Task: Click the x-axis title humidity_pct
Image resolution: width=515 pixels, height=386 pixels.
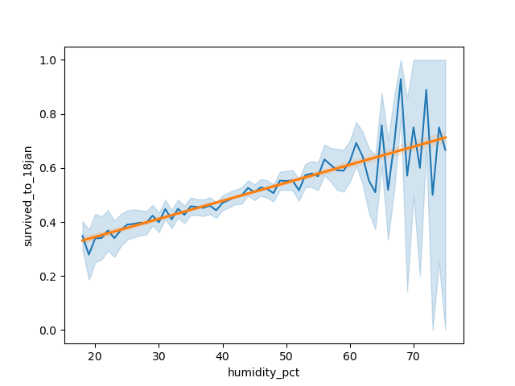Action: coord(264,373)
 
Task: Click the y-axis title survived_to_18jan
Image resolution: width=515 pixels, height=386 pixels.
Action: coord(27,195)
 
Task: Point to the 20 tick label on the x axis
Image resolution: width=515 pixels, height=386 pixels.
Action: coord(95,355)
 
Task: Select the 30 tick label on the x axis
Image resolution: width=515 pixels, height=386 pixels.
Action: coord(159,355)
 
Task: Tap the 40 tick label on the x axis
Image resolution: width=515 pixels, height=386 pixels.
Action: coord(222,355)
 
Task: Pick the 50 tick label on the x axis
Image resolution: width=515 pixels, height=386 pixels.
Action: coord(286,355)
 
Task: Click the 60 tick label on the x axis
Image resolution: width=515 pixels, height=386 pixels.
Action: coord(350,355)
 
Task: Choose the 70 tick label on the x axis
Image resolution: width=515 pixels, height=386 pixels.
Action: coord(414,355)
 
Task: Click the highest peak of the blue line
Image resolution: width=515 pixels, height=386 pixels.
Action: coord(401,79)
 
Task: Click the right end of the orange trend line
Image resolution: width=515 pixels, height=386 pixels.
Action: coord(445,138)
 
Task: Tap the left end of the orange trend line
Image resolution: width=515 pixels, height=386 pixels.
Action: coord(82,240)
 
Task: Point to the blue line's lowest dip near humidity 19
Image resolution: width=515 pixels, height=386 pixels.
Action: coord(89,254)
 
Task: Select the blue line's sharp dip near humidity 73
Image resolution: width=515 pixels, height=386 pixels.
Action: coord(433,195)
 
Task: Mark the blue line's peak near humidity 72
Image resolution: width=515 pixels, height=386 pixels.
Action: coord(426,89)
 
